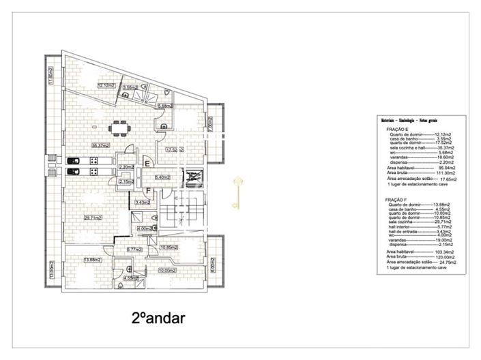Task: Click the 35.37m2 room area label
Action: click(x=102, y=145)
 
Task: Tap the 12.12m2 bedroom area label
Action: click(x=106, y=85)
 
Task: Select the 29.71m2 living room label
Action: click(x=93, y=218)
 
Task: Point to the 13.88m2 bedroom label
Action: click(x=92, y=260)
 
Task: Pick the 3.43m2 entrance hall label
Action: click(x=143, y=202)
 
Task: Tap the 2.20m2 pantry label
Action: click(x=126, y=167)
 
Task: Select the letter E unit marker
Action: click(x=147, y=164)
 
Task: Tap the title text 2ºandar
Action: click(x=158, y=318)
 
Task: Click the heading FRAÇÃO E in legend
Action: click(x=398, y=129)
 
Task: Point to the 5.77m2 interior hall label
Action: click(x=134, y=250)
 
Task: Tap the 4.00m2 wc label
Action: click(x=144, y=228)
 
